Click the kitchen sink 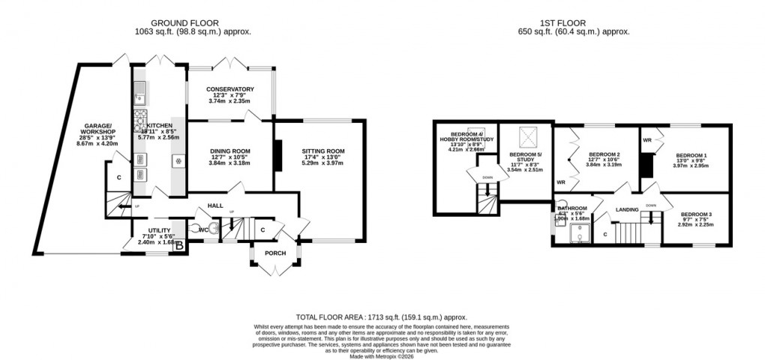(139, 94)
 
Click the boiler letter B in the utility (178, 242)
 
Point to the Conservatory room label (231, 89)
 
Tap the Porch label (270, 253)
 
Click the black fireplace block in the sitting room (278, 156)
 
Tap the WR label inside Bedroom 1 (646, 140)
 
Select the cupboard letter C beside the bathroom (605, 235)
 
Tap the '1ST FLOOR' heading (574, 22)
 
